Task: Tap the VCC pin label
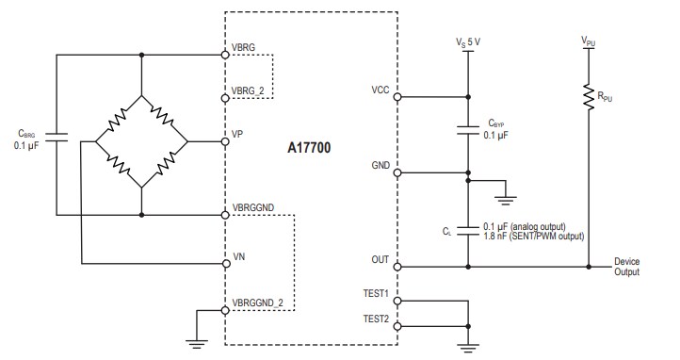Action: coord(381,90)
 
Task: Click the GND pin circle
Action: coord(397,172)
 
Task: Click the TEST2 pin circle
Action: coord(397,327)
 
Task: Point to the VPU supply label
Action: coord(589,41)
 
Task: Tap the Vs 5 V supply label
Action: coord(468,41)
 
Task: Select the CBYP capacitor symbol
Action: coord(468,130)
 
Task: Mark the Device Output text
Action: coord(626,267)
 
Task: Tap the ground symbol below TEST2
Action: coord(468,348)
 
